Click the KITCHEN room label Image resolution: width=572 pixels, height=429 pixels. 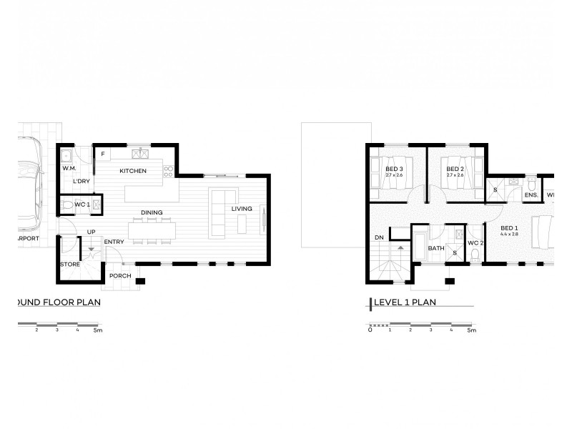pos(133,171)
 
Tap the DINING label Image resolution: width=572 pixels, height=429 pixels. pos(151,212)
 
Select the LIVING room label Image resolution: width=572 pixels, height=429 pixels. pos(242,208)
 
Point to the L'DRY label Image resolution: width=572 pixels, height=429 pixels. pos(82,181)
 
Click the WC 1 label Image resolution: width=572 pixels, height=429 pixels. pos(82,205)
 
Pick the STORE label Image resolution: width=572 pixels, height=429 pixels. pos(69,265)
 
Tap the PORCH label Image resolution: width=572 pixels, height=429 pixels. pos(119,275)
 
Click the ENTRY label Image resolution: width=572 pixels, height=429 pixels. pos(114,242)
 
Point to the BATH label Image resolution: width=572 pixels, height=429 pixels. pos(436,249)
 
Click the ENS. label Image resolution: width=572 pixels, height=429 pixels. pos(531,194)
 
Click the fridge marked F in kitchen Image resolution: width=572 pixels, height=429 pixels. pos(103,154)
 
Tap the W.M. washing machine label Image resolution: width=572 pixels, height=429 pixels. pos(69,168)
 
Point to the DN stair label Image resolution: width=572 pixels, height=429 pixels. pos(379,237)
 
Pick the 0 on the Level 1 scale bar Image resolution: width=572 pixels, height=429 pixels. pos(370,330)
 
